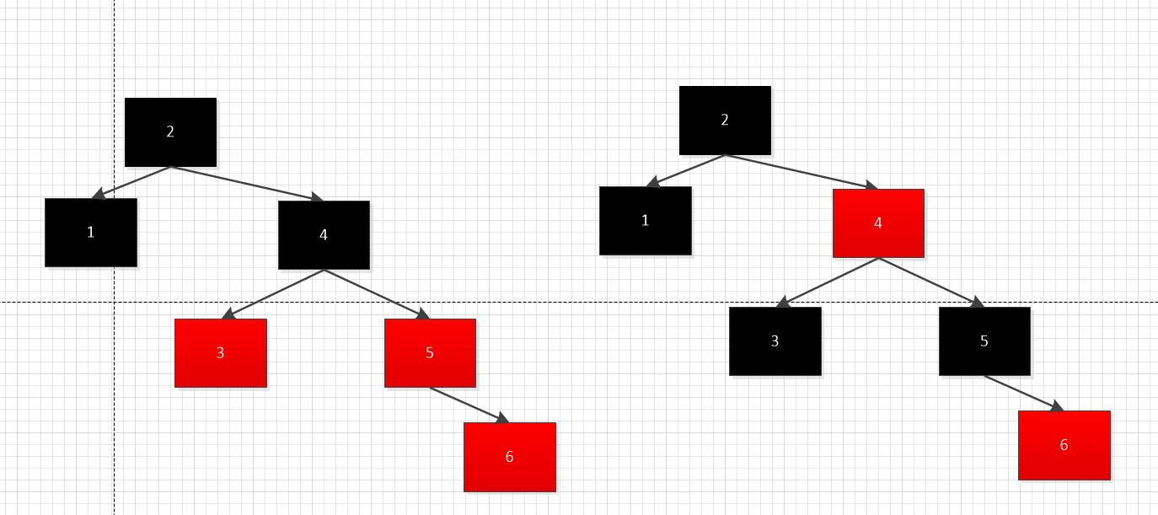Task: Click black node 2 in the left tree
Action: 170,131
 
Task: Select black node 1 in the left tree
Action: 91,232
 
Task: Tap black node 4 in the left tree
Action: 324,234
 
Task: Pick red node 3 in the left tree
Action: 221,352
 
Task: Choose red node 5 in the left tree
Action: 430,352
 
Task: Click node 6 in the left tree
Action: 509,456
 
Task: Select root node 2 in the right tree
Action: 725,120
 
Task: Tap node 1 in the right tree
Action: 645,220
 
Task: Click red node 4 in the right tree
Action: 878,223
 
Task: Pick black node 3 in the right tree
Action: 775,341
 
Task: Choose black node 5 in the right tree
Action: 984,341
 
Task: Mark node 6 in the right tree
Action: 1064,445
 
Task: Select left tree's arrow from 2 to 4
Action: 247,183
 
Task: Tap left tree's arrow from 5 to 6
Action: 469,405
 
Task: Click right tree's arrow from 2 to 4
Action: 801,171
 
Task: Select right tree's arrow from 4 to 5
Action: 930,282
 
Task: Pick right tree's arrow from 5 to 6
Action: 1023,393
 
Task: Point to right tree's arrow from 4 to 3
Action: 828,282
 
